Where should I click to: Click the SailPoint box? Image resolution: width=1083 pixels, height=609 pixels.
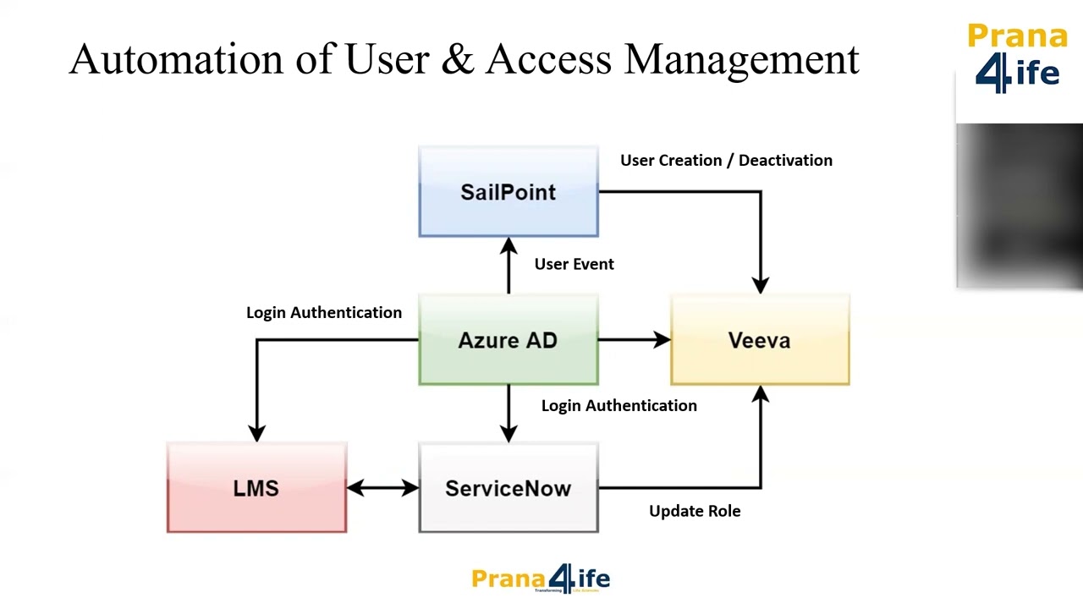coord(508,192)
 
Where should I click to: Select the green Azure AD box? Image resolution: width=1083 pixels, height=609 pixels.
coord(508,340)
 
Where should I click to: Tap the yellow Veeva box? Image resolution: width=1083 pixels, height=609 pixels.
coord(760,340)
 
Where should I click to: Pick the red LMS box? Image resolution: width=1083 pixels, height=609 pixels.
coord(256,488)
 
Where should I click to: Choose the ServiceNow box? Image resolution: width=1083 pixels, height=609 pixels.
coord(508,488)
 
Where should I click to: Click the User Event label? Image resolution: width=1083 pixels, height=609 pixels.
coord(574,264)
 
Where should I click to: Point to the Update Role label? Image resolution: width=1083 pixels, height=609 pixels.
coord(695,511)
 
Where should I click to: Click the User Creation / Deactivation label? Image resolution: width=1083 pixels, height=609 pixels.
coord(726,160)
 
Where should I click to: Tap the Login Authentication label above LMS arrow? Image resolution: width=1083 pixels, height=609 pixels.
coord(324,312)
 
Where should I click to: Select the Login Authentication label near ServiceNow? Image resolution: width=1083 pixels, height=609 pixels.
coord(618,405)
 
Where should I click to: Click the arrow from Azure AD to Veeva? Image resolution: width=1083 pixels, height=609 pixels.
coord(634,340)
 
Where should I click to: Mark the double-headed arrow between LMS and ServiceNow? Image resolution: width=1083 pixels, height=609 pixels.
coord(382,488)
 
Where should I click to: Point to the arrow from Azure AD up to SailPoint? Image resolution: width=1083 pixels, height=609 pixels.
coord(508,266)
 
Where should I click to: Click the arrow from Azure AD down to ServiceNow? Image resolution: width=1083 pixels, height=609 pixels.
coord(508,414)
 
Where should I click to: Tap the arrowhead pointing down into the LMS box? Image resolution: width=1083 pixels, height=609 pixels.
coord(256,432)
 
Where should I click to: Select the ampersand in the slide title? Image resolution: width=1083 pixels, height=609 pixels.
coord(458,59)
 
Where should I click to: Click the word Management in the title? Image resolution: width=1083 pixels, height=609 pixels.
coord(741,59)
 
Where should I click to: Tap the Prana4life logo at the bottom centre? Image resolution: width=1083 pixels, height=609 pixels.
coord(541,579)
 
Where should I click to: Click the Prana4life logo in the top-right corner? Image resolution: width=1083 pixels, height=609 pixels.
coord(1017,58)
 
